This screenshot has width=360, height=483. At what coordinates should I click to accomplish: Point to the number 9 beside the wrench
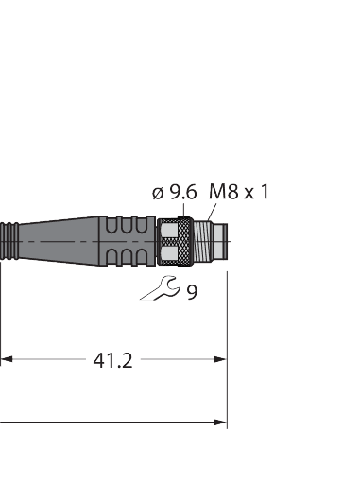click(x=192, y=292)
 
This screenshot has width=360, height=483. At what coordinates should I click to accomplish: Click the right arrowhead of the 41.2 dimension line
click(x=221, y=359)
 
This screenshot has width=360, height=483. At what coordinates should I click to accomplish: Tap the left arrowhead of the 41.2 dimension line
click(x=7, y=359)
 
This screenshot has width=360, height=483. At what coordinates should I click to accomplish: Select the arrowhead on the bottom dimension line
click(x=221, y=422)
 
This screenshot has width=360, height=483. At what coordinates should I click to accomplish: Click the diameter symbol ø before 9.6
click(x=157, y=193)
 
